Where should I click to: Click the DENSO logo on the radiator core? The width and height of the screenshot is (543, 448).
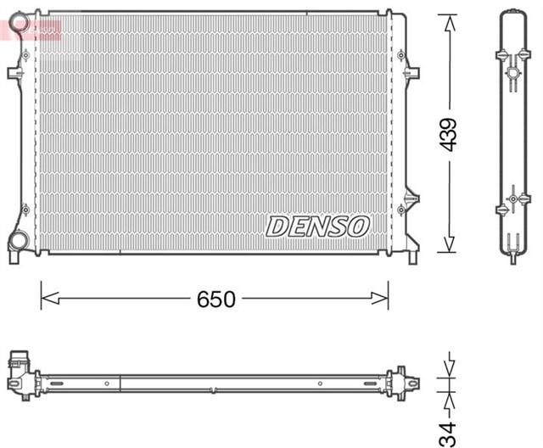[318, 227]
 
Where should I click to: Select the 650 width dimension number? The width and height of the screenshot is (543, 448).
[216, 299]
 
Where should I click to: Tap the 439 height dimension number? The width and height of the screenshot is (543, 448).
[448, 134]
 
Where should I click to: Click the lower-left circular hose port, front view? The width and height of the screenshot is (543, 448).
[18, 243]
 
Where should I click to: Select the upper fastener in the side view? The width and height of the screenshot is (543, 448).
[512, 71]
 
